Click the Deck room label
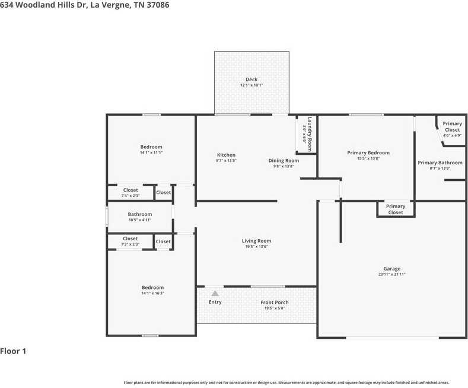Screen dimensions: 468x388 tap(251, 79)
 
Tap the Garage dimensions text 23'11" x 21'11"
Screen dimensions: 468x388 tap(392, 274)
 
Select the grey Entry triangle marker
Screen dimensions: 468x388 tap(215, 294)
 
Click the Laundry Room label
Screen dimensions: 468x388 tap(310, 134)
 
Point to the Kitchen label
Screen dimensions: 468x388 tap(226, 155)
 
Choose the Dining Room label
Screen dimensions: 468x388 tap(284, 161)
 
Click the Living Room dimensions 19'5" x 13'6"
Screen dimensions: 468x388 tap(256, 247)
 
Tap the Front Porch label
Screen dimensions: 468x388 tap(274, 303)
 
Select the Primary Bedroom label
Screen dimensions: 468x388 tap(368, 153)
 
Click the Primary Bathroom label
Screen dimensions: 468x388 tap(440, 163)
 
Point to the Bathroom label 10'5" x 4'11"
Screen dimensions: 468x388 tap(139, 217)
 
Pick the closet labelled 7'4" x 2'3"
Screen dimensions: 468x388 tap(130, 192)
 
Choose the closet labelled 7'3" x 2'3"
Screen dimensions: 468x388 tap(130, 241)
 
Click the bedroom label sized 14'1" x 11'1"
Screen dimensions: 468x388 tap(151, 150)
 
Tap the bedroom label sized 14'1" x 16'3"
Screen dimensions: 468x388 tap(153, 290)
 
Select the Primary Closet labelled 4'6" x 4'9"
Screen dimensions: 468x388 tap(452, 129)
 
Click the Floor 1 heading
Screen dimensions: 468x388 tap(13, 351)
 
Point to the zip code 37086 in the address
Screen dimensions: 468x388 tap(158, 5)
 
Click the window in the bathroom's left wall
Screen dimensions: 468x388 tap(107, 217)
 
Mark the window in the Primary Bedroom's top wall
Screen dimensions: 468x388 tap(366, 115)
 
